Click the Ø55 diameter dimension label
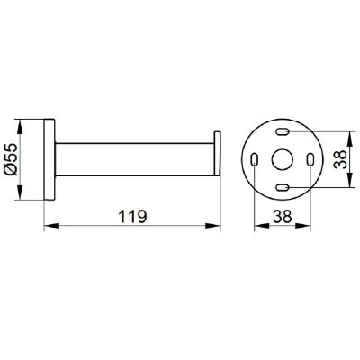(x=12, y=159)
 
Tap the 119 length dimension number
(x=132, y=217)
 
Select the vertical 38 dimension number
(x=340, y=159)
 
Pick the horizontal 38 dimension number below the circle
(x=283, y=216)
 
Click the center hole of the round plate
(x=283, y=159)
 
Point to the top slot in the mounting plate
(x=283, y=131)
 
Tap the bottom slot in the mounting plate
(x=283, y=187)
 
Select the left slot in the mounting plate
(x=255, y=159)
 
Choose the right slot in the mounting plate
(x=310, y=159)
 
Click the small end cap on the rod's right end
(x=217, y=154)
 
